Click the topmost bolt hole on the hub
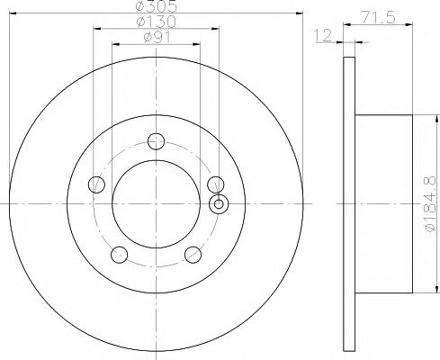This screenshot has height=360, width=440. [x=157, y=140]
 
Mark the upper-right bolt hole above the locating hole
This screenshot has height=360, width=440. [x=215, y=184]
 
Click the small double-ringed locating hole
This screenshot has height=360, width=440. [x=219, y=203]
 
